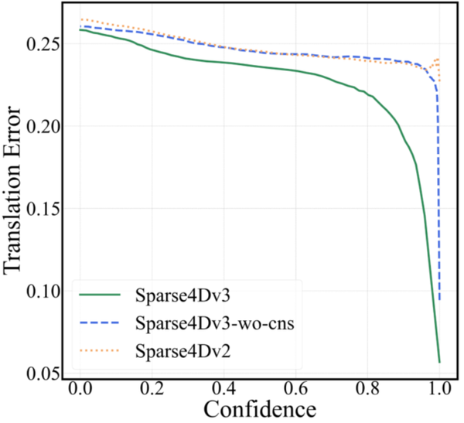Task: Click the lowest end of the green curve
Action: (439, 361)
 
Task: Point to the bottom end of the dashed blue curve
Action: (439, 300)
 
